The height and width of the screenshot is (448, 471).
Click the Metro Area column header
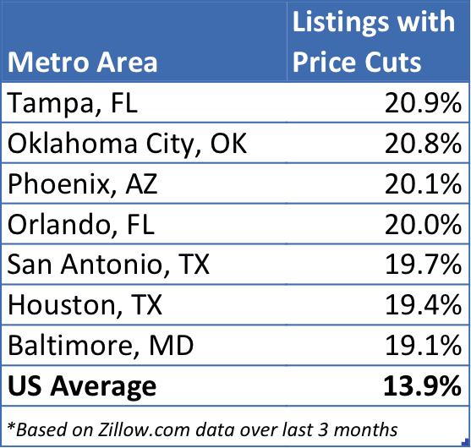tap(82, 63)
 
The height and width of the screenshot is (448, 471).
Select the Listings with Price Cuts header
tap(374, 41)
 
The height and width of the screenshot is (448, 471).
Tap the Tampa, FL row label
tap(73, 103)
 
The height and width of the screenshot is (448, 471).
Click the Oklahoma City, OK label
tap(127, 144)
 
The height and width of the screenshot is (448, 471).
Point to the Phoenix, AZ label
tap(82, 183)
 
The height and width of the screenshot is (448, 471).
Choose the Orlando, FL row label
tap(81, 224)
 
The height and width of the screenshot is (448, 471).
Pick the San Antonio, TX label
tap(108, 265)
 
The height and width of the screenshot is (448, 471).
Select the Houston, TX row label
tap(85, 305)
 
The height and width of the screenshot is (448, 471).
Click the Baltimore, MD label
tap(101, 346)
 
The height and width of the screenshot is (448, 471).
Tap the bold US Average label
tap(82, 386)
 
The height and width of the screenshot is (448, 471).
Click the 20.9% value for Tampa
tap(423, 103)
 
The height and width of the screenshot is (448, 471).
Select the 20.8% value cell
tap(423, 144)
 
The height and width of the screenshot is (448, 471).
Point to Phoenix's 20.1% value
tap(423, 183)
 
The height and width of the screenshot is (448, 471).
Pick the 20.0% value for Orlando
tap(423, 224)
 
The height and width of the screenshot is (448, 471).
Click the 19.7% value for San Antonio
tap(423, 265)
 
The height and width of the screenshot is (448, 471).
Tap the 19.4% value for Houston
tap(423, 305)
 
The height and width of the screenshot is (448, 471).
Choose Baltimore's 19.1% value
tap(423, 346)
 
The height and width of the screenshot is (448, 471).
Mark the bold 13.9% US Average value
tap(422, 386)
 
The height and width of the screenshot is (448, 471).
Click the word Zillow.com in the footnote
tap(144, 429)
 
